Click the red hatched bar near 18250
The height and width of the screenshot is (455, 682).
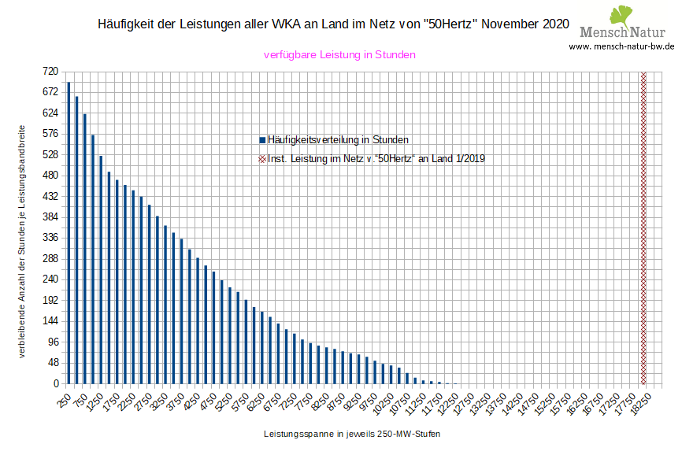(x=643, y=227)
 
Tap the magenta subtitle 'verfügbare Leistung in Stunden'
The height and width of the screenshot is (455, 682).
(x=339, y=55)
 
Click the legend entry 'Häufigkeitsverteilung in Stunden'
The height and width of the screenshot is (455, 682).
(x=337, y=139)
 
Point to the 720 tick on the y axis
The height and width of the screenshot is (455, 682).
(x=50, y=71)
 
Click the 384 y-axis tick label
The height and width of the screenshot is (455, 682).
(x=50, y=216)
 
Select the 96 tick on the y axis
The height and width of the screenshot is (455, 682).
(x=53, y=342)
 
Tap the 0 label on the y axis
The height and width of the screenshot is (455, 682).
(x=55, y=383)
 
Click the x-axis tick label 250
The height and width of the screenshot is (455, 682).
(x=64, y=400)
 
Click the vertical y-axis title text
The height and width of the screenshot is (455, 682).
(x=23, y=240)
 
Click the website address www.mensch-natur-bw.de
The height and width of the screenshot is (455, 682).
(x=622, y=46)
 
